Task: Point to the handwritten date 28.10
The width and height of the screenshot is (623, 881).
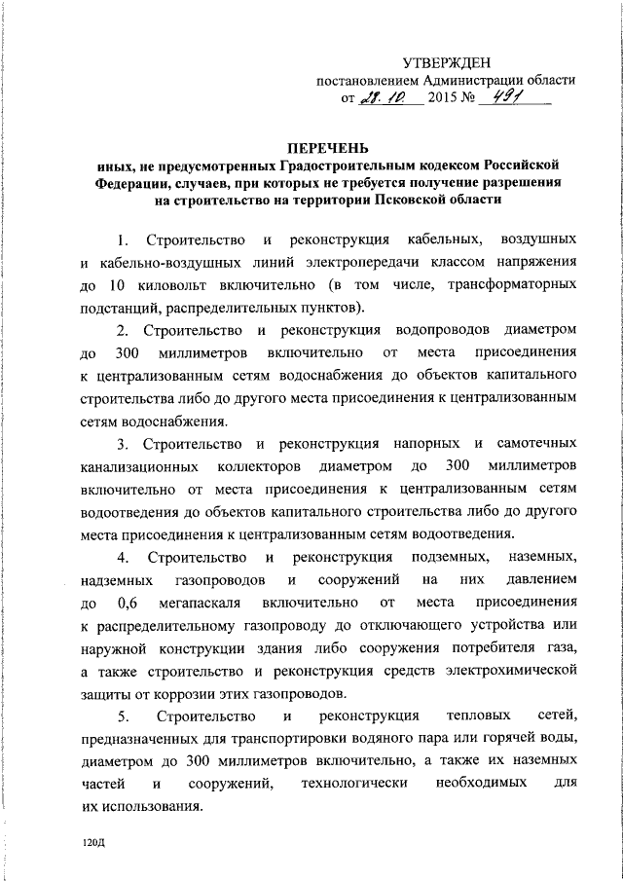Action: coord(390,98)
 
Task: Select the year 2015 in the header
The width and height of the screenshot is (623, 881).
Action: coord(445,99)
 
